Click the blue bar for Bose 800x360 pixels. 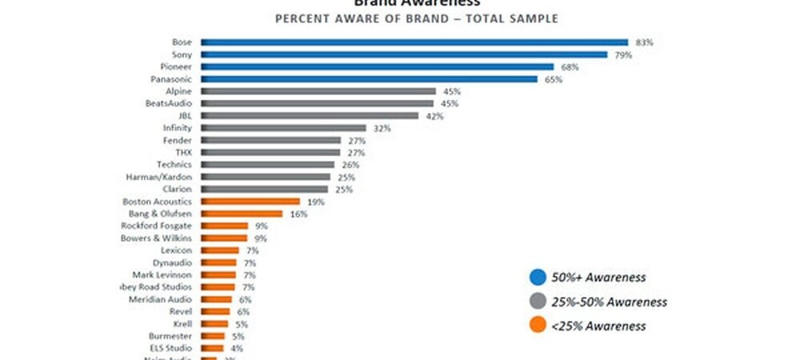[414, 42]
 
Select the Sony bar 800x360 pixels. [404, 54]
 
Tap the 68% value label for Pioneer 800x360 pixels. [566, 66]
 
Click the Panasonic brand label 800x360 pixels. [170, 79]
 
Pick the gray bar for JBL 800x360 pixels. [310, 115]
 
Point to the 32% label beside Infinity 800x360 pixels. [379, 128]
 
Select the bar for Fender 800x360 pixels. [270, 140]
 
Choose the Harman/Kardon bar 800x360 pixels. [265, 176]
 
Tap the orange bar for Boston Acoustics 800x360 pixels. [250, 202]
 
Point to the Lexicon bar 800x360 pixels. [218, 250]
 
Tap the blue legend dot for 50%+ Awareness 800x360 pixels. [538, 277]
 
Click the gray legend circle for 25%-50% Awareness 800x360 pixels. [538, 302]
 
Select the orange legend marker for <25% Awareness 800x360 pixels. [538, 326]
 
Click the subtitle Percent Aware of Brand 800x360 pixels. [416, 18]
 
